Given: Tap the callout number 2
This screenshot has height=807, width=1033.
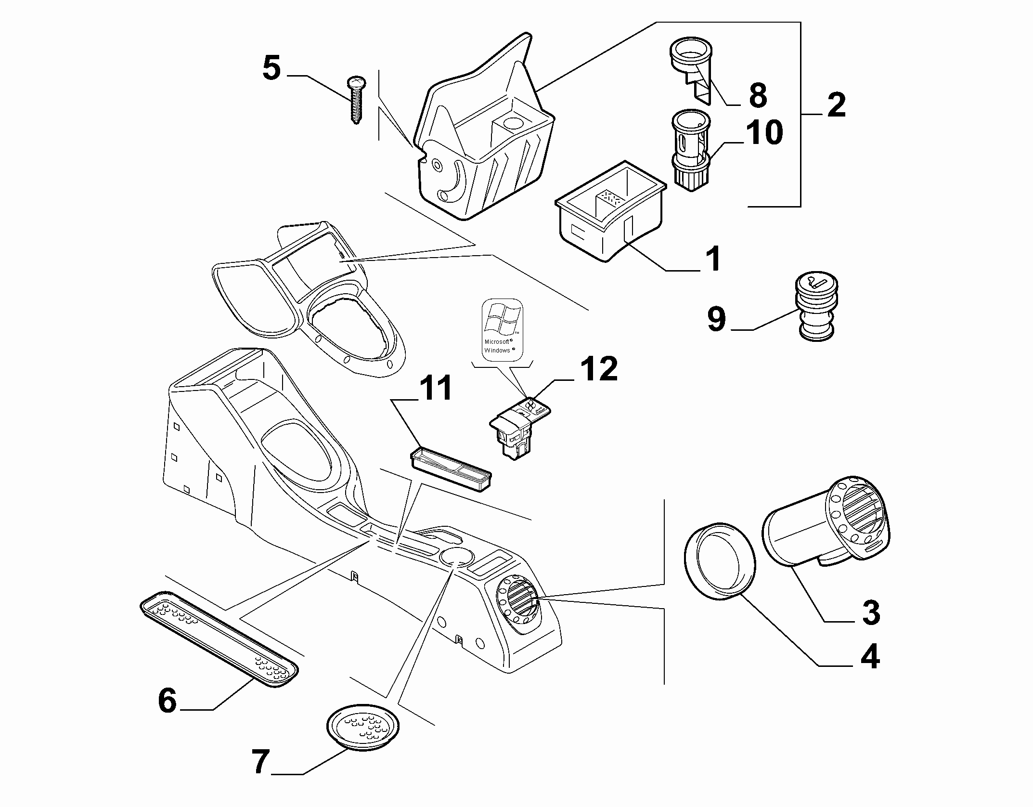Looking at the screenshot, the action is tap(837, 105).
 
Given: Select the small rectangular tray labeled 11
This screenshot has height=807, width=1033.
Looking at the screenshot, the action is tap(451, 469).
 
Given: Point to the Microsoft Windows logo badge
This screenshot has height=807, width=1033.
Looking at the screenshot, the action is tap(502, 329).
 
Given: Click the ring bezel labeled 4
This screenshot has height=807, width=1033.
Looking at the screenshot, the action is tap(720, 561).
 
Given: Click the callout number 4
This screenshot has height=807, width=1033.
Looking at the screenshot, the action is tap(870, 656).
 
